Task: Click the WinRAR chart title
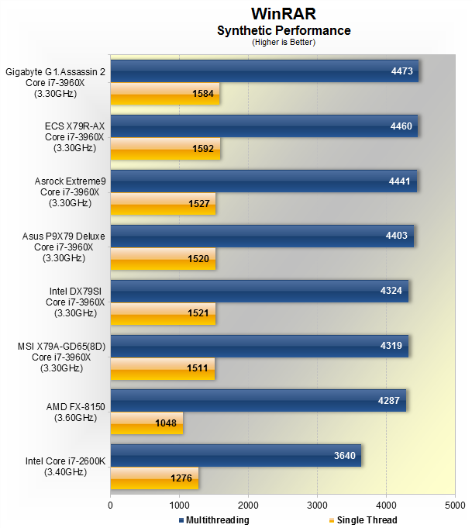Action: (284, 14)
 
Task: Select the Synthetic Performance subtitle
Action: (284, 31)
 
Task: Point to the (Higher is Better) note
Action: (284, 42)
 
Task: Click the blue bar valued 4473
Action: (264, 71)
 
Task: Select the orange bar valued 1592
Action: (165, 149)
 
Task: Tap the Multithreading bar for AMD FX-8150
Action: (258, 401)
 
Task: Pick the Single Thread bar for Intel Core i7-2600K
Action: (154, 478)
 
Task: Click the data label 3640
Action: (344, 456)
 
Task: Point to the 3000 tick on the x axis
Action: (317, 503)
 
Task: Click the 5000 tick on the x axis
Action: (455, 503)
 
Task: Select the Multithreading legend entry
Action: (214, 520)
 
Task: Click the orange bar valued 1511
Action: (162, 368)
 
